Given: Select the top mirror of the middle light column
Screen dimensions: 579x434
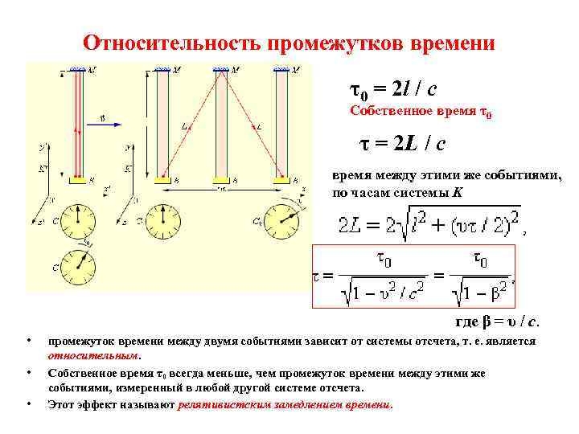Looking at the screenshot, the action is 219,71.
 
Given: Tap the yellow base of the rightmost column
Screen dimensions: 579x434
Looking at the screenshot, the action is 281,183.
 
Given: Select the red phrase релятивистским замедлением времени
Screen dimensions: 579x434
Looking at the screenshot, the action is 285,404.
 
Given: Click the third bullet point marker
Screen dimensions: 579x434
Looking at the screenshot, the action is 29,404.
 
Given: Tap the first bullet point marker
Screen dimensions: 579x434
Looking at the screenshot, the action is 29,342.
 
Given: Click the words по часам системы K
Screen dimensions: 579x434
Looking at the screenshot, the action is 399,193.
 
